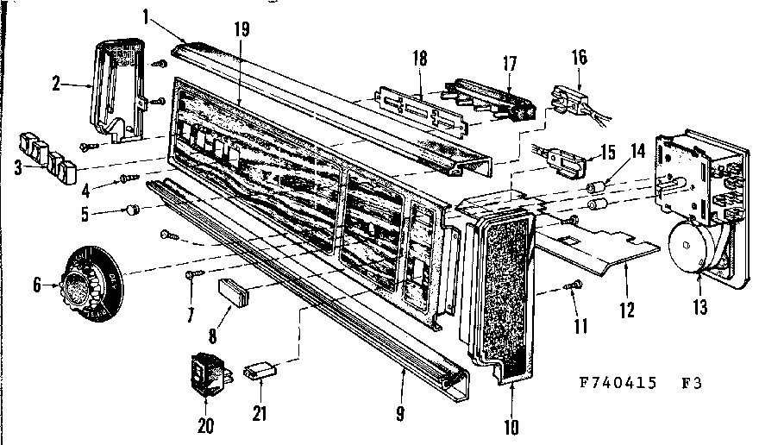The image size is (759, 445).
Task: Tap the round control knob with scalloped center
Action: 90,279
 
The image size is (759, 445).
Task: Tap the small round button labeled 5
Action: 133,209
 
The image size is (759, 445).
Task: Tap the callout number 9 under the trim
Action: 400,412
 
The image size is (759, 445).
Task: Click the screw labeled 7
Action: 192,273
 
